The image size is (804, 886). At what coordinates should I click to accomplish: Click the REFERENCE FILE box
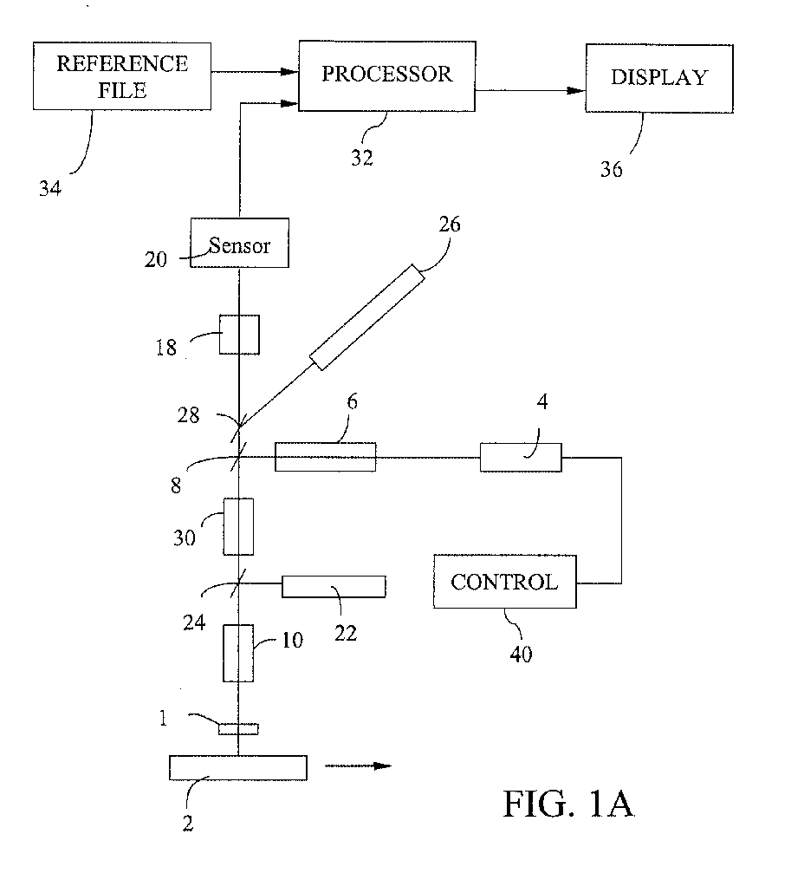[x=122, y=76]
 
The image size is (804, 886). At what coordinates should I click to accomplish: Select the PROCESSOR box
[x=386, y=75]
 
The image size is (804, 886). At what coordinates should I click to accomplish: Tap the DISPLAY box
[x=659, y=79]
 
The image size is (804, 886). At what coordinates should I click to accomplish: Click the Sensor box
[x=239, y=243]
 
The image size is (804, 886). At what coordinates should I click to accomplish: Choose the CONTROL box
[x=505, y=582]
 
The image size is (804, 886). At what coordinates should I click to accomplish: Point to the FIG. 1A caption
[x=568, y=804]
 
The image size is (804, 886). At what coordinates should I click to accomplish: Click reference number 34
[x=49, y=188]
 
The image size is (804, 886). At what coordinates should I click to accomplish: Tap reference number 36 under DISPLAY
[x=612, y=169]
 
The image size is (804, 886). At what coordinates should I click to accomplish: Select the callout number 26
[x=450, y=225]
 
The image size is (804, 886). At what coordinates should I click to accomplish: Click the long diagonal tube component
[x=367, y=317]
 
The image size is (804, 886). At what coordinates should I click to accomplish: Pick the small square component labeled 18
[x=239, y=335]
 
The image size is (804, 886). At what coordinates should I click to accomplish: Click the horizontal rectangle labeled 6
[x=325, y=457]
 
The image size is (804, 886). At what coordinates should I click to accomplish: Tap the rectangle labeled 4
[x=521, y=457]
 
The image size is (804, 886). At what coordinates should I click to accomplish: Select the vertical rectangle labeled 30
[x=238, y=526]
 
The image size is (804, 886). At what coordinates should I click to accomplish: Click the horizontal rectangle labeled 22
[x=334, y=587]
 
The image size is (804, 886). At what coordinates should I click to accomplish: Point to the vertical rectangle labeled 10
[x=237, y=653]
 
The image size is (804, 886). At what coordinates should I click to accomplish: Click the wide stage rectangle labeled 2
[x=237, y=768]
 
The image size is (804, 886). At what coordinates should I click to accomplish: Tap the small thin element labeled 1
[x=238, y=729]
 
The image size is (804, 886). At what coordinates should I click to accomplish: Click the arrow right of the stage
[x=358, y=766]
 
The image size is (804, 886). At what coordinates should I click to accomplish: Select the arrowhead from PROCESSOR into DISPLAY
[x=576, y=90]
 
